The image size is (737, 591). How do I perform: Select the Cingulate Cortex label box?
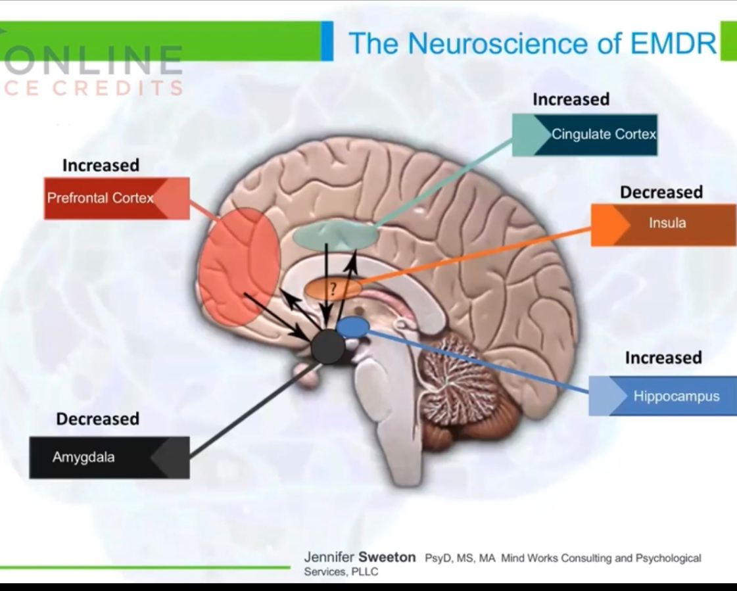584,135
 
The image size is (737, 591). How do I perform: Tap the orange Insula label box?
663,224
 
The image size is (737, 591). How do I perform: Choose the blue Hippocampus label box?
663,396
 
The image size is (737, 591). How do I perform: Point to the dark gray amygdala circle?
327,346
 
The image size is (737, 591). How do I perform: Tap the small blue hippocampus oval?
352,326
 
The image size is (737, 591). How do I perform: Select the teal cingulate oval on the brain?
335,235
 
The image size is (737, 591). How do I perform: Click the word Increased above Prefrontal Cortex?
101,166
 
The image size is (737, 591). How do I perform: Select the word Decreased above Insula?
661,193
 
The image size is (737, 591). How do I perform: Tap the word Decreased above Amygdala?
97,419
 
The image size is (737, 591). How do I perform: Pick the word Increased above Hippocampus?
663,358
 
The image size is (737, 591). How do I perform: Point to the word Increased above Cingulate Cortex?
571,99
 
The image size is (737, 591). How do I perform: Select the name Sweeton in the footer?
387,557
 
